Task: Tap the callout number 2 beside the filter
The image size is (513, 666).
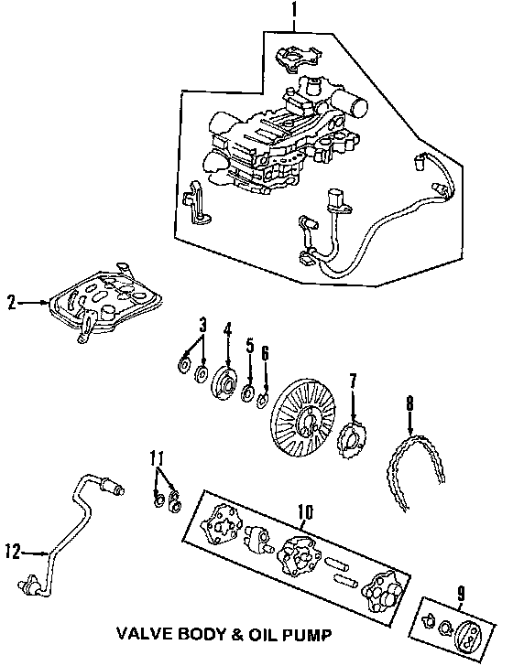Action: click(12, 303)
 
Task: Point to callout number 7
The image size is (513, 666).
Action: click(352, 382)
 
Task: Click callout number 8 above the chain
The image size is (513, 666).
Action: click(409, 404)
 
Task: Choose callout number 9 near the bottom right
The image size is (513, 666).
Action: click(462, 594)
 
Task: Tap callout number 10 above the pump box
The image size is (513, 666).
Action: click(305, 512)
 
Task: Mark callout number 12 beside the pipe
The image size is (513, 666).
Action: click(13, 553)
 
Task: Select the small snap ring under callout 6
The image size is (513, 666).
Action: click(263, 401)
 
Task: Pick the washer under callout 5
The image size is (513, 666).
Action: click(247, 392)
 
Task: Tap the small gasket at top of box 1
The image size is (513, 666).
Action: click(298, 59)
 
